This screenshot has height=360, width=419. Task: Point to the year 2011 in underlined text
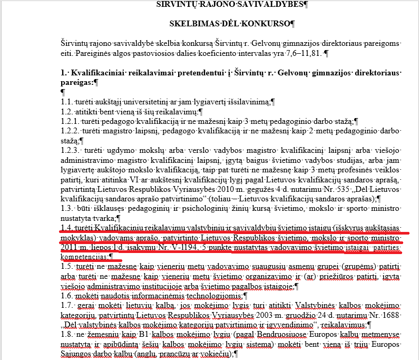69,247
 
